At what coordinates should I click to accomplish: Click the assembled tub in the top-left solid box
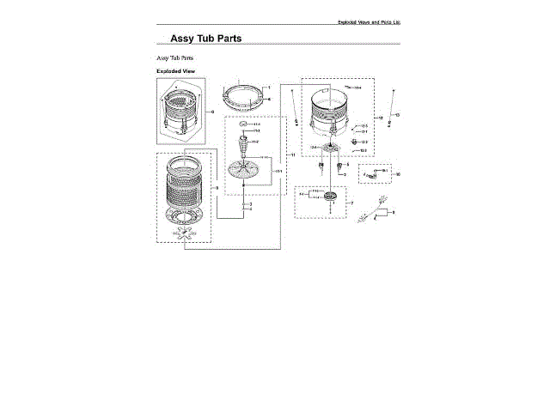tap(180, 112)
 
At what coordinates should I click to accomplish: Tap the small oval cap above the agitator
tap(244, 125)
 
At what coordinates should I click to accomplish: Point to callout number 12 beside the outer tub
tap(381, 117)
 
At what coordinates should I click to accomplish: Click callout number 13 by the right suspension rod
tap(398, 114)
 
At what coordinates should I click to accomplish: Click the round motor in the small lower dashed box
tap(327, 199)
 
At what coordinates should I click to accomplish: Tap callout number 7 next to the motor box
tap(351, 203)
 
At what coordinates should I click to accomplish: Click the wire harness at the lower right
tap(375, 210)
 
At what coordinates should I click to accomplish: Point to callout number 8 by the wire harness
tap(394, 211)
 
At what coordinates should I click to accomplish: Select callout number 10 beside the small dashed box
tap(398, 174)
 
